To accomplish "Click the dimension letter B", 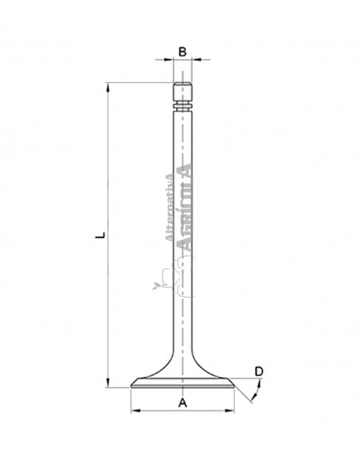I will (182, 52).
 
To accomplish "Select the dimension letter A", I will (182, 402).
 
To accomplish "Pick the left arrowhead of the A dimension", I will (135, 411).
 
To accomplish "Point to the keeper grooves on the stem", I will (182, 105).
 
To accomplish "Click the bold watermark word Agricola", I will (185, 209).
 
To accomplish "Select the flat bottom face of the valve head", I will (182, 388).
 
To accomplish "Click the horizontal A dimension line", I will (182, 411).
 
